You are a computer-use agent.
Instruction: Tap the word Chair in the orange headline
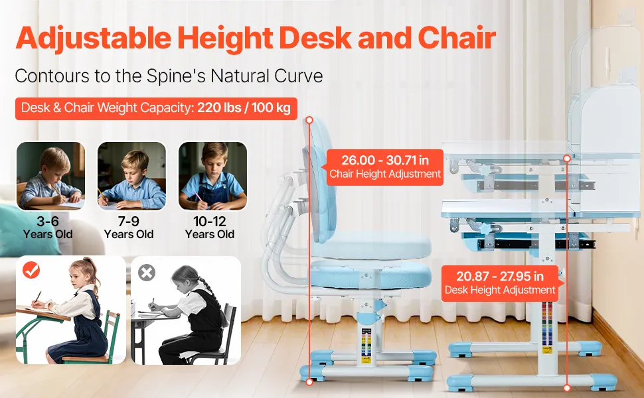click(457, 37)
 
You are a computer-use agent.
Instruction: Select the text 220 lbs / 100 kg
click(244, 107)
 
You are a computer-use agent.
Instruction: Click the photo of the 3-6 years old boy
click(51, 176)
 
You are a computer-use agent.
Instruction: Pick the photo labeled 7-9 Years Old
click(132, 176)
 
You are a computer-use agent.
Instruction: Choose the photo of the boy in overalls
click(212, 176)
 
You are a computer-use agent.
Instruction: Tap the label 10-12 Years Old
click(209, 228)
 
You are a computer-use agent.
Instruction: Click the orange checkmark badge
click(31, 270)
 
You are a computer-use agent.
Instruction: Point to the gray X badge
click(147, 273)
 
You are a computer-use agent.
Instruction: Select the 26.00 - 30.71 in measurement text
click(385, 160)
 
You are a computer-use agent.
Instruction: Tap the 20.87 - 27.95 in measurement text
click(500, 276)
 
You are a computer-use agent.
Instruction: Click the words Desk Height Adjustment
click(500, 290)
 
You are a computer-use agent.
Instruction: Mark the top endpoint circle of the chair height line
click(309, 120)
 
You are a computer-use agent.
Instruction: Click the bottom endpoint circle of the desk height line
click(567, 388)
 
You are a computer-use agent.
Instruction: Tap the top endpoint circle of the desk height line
click(567, 159)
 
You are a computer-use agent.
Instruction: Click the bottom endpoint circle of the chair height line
click(309, 382)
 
